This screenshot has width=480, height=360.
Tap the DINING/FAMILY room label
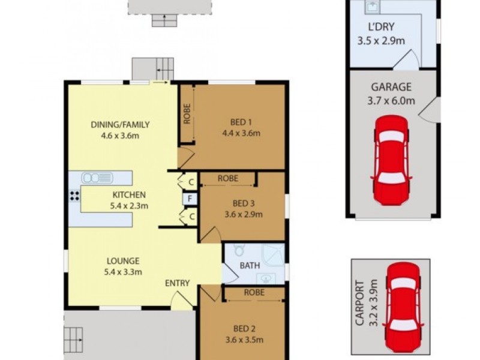pyautogui.click(x=120, y=125)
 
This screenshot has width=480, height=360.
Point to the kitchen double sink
pyautogui.click(x=97, y=178)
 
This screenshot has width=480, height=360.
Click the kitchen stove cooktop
pyautogui.click(x=75, y=195)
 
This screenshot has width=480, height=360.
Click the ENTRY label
pyautogui.click(x=177, y=283)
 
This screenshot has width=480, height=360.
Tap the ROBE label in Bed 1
pyautogui.click(x=186, y=113)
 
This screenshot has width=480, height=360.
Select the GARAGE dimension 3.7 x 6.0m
pyautogui.click(x=391, y=101)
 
